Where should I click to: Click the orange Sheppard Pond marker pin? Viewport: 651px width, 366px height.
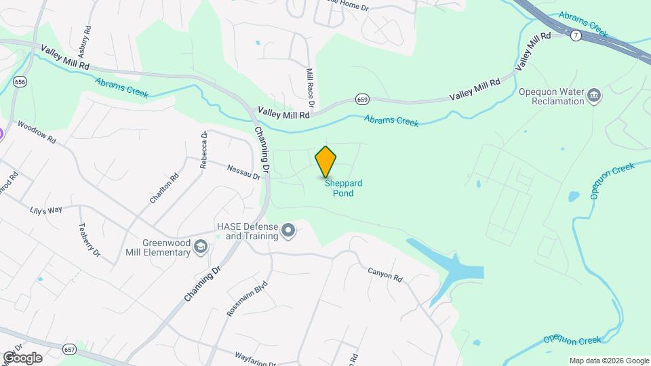[326, 161]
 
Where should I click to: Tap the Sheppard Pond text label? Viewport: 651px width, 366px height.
[343, 188]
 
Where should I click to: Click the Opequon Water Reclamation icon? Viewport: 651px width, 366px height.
[594, 94]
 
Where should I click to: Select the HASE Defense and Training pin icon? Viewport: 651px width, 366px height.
[288, 231]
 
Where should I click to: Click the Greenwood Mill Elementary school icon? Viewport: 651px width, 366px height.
[201, 247]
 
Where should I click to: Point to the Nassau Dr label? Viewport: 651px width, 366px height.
[243, 172]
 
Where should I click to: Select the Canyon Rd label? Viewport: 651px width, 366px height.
[385, 274]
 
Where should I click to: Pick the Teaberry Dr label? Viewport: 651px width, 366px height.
[90, 241]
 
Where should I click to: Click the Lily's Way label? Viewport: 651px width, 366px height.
[46, 211]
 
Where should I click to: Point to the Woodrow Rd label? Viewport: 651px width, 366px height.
[36, 131]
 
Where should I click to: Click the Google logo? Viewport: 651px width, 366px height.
[22, 358]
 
